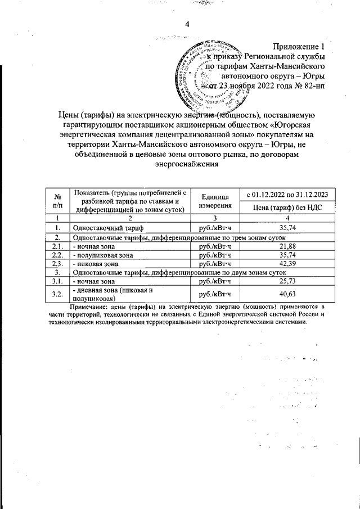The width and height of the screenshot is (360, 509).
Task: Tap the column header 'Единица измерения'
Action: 213,201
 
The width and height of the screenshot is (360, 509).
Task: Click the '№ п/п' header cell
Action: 57,201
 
